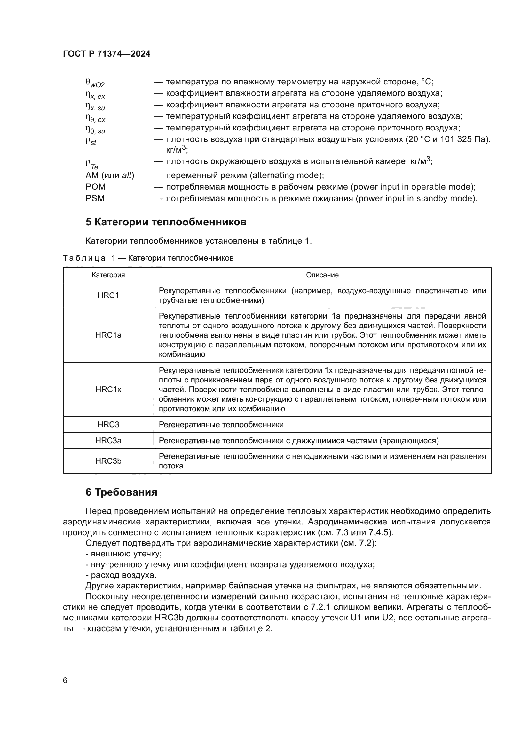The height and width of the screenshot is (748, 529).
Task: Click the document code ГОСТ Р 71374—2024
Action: click(x=107, y=54)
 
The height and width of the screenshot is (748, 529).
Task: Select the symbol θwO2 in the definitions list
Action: click(x=95, y=83)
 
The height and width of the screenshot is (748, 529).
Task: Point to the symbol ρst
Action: click(x=91, y=141)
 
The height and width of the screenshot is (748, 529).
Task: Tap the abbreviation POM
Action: click(x=95, y=187)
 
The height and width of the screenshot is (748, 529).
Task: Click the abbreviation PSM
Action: click(x=95, y=198)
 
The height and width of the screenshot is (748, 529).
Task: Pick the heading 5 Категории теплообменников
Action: click(x=166, y=222)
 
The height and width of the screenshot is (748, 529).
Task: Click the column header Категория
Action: click(x=108, y=275)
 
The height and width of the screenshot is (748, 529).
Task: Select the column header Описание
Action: click(x=322, y=275)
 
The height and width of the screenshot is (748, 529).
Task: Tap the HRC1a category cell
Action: click(x=108, y=335)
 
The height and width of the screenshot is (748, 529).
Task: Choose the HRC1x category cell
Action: click(x=108, y=390)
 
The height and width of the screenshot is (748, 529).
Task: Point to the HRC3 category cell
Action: click(x=108, y=425)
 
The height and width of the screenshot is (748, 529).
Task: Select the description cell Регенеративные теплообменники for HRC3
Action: click(x=221, y=425)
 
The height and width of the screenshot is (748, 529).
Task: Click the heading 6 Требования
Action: click(x=121, y=492)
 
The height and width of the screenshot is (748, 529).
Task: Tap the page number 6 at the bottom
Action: click(x=65, y=681)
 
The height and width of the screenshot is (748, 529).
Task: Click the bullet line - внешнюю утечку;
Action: click(x=124, y=554)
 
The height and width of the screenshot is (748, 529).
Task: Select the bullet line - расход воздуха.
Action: click(x=121, y=575)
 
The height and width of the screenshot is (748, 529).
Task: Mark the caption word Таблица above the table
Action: click(x=84, y=258)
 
